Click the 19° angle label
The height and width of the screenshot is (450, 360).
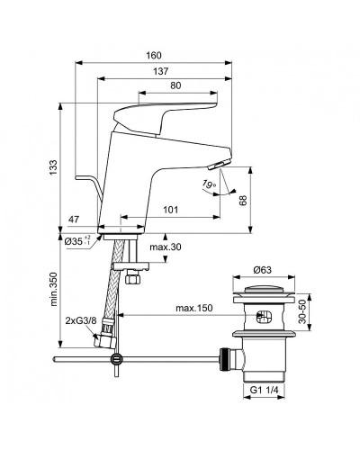pos(209,185)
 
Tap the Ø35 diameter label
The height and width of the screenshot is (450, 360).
pos(78,241)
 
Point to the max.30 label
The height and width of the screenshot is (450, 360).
pos(166,247)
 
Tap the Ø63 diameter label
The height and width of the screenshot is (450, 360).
pos(263,269)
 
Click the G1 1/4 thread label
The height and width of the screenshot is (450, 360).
pos(265,417)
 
